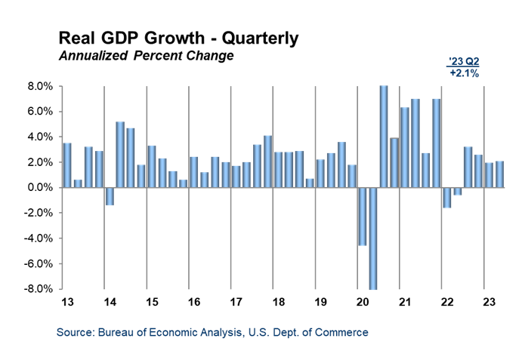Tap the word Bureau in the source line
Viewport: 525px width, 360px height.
[x=114, y=332]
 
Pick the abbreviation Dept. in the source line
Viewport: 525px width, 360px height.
[x=289, y=332]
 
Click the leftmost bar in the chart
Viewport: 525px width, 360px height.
[x=67, y=165]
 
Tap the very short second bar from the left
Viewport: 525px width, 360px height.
[x=78, y=183]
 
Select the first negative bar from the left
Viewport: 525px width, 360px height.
[x=110, y=196]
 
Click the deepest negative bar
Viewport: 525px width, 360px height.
[x=373, y=238]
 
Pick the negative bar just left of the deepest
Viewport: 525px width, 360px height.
[x=363, y=216]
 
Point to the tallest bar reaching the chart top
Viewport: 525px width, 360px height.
[x=384, y=136]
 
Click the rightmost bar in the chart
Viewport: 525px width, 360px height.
[x=499, y=174]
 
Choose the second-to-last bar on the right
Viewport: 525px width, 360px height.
[x=489, y=174]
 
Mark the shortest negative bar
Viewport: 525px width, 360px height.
[x=458, y=191]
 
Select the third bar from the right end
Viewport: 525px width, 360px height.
[x=478, y=171]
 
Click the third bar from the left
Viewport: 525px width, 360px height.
[x=88, y=167]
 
